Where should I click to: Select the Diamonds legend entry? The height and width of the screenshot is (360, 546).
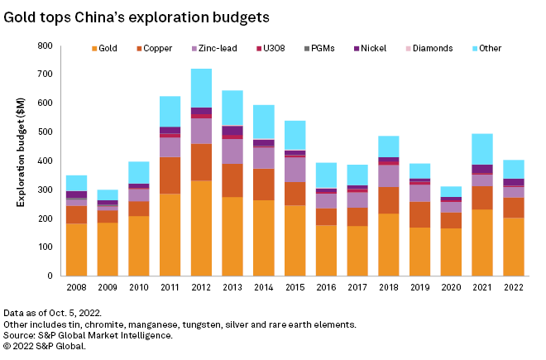(x=429, y=48)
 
